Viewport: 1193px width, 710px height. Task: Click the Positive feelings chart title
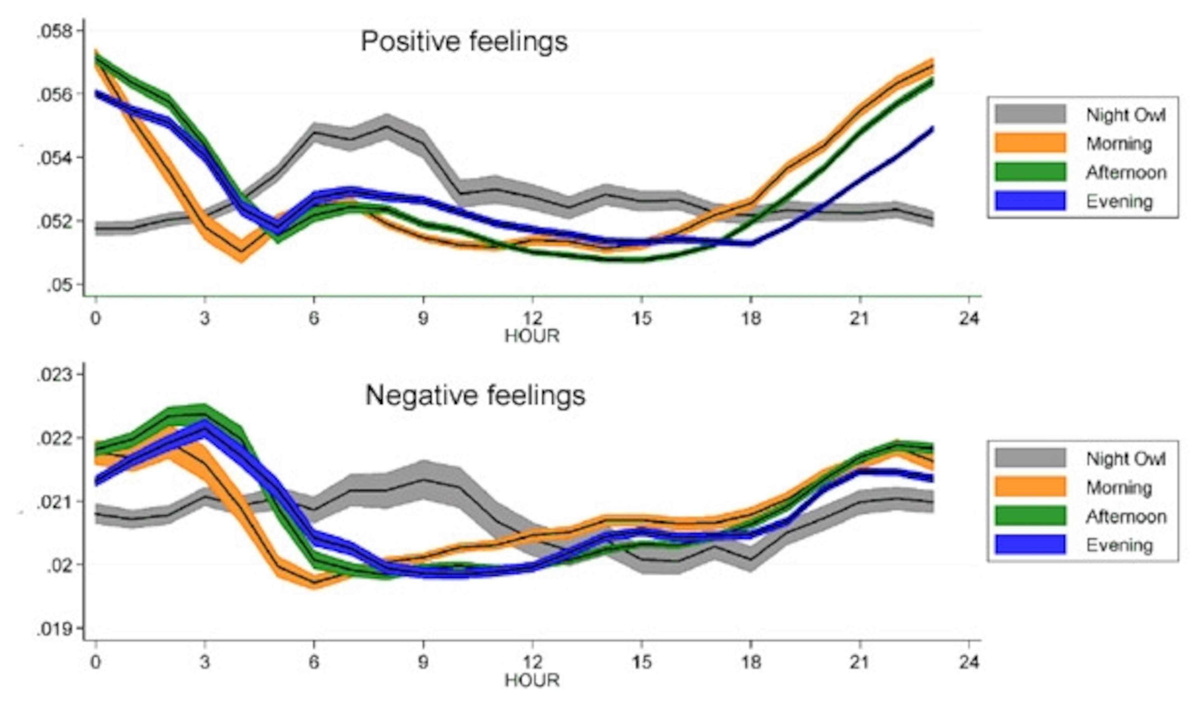point(464,42)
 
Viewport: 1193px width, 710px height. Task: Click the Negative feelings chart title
point(475,396)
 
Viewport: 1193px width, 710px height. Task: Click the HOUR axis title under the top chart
point(532,336)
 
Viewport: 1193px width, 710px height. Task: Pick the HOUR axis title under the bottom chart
point(532,680)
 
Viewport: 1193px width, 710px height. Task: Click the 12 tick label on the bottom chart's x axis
point(532,662)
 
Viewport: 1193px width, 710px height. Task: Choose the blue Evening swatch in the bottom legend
point(1030,545)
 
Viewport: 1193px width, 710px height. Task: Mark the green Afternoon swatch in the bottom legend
point(1030,516)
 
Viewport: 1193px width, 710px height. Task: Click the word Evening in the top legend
point(1119,202)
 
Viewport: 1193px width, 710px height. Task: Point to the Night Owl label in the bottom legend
point(1125,459)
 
